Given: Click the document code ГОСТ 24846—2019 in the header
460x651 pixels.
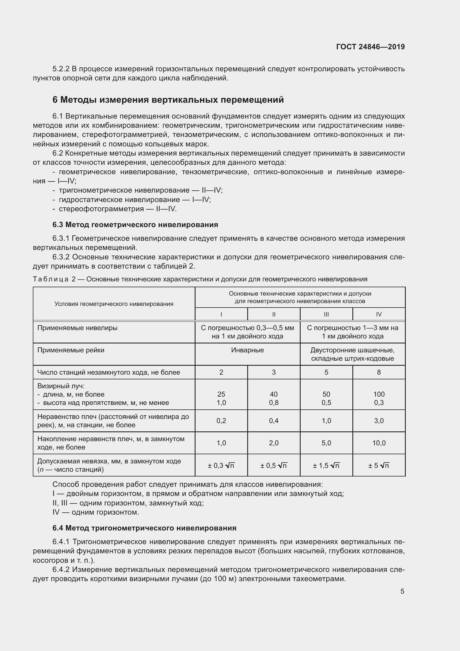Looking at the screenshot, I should tap(370, 47).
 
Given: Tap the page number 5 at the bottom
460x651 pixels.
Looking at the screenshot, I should tap(402, 591).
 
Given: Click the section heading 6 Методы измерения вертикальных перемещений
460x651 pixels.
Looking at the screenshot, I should tap(168, 100).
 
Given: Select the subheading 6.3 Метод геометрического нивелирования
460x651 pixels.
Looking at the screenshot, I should tap(135, 225).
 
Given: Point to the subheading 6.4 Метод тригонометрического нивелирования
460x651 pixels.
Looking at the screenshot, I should tap(144, 528).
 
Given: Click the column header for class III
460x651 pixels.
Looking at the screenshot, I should tap(326, 314).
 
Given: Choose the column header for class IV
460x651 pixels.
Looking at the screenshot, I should tap(379, 314).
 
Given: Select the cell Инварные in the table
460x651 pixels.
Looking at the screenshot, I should tap(247, 350).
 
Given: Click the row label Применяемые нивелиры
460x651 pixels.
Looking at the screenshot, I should tap(77, 328).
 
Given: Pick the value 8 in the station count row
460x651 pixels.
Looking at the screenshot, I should tap(379, 372).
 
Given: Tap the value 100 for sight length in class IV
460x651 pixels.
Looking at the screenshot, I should tap(379, 394).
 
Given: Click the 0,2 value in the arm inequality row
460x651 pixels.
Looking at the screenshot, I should tap(221, 421).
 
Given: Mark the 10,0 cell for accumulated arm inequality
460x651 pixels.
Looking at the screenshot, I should tap(379, 443).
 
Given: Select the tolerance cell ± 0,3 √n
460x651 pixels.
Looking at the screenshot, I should tap(221, 465).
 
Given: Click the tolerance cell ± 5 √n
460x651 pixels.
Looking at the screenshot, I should tap(379, 465).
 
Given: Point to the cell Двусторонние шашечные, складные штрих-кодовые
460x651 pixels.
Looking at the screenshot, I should tap(352, 354).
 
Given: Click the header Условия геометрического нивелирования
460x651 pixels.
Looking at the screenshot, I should tap(114, 304).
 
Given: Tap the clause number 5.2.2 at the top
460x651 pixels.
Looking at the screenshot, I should tap(61, 69).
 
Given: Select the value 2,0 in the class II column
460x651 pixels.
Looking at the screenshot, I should tap(274, 443).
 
